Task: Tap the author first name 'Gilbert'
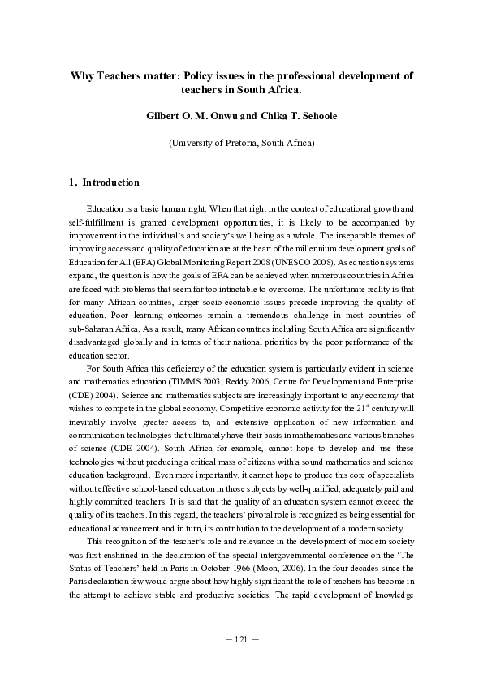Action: point(166,116)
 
